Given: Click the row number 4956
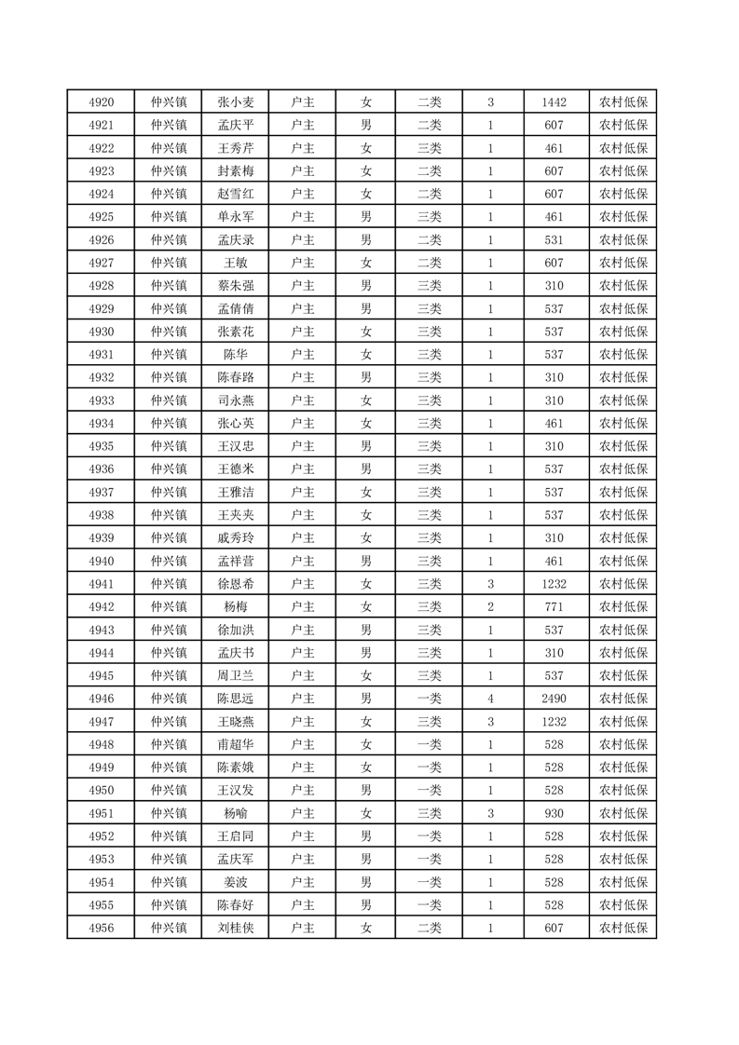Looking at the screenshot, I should pos(101,928).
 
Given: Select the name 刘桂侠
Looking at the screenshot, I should pos(235,928).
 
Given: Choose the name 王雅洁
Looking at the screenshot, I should pos(235,492).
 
